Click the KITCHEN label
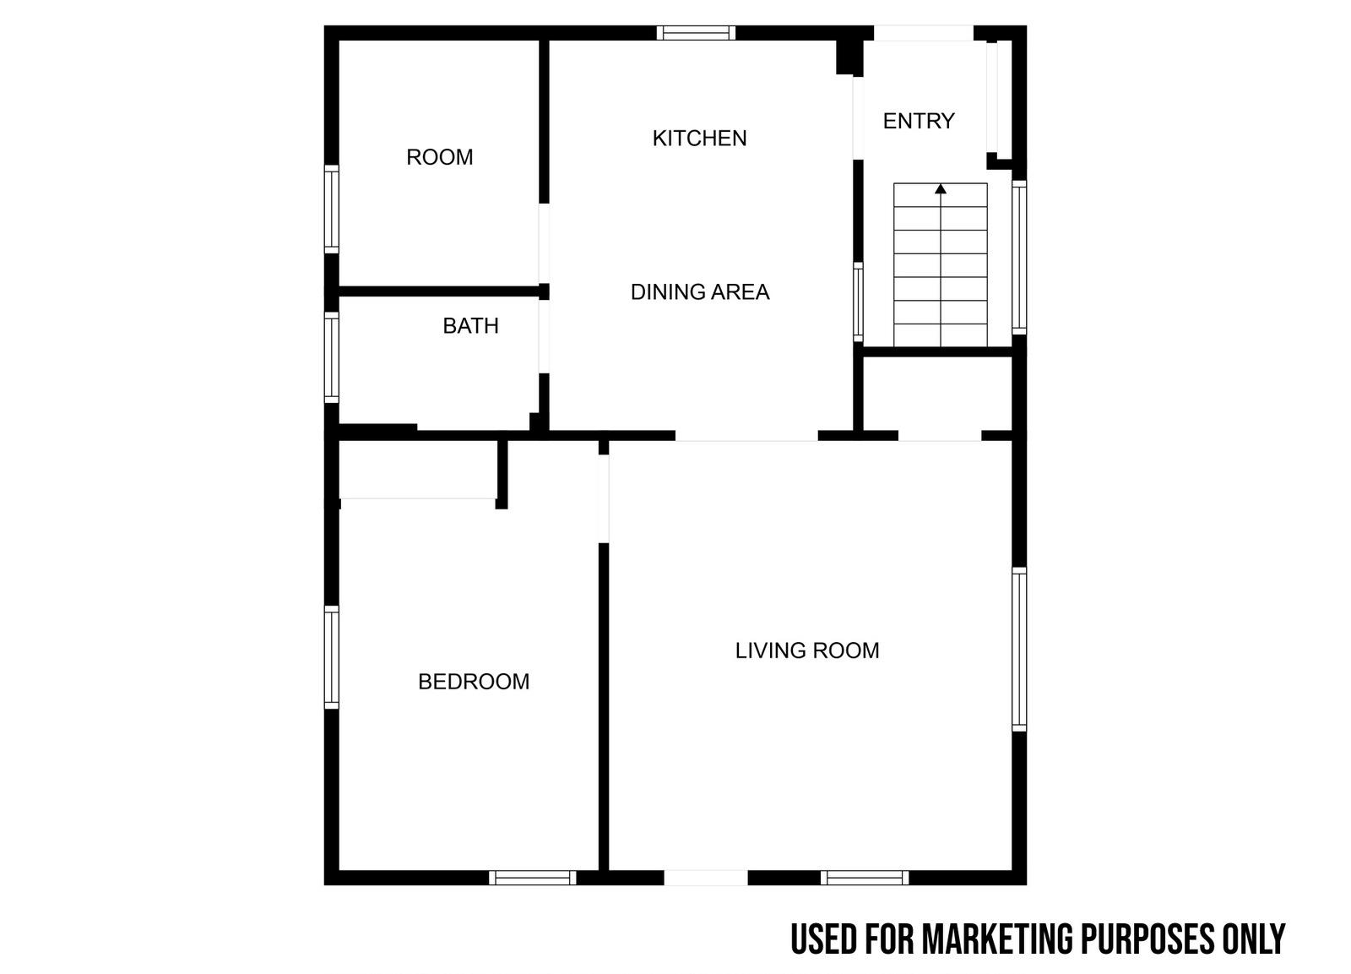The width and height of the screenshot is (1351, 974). (x=700, y=139)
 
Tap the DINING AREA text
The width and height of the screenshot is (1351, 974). (x=700, y=292)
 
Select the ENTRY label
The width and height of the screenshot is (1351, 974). (x=919, y=122)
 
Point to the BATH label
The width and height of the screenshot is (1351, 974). (x=470, y=326)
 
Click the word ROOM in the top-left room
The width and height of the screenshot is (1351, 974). (x=440, y=157)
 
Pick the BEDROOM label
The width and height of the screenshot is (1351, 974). (x=474, y=682)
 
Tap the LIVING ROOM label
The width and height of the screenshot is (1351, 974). (x=807, y=650)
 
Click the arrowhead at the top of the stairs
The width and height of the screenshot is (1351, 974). (x=941, y=189)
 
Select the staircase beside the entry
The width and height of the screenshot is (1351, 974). (x=941, y=264)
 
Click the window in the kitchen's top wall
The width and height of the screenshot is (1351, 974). (x=696, y=33)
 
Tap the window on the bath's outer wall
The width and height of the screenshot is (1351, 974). (x=331, y=357)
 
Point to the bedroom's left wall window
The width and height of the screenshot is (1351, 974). (x=331, y=657)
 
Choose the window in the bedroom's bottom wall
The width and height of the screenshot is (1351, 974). (x=533, y=878)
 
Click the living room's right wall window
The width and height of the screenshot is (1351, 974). (x=1019, y=649)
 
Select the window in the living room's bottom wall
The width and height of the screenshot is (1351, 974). (x=865, y=878)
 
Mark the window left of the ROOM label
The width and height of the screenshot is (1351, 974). (x=331, y=209)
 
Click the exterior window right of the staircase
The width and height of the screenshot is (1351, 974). (x=1019, y=258)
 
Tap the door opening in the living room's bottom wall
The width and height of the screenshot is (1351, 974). (x=706, y=878)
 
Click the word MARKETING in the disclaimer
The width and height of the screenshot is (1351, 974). (x=997, y=939)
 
